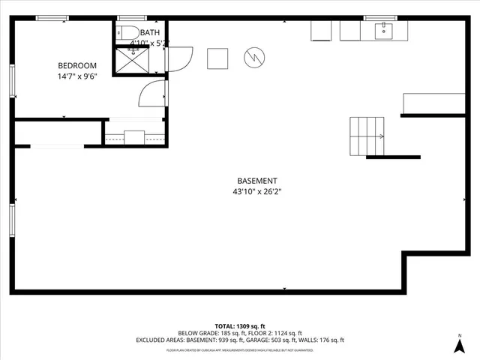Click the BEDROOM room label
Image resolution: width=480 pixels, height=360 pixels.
click(x=78, y=64)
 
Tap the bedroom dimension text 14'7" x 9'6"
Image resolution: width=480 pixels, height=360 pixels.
click(x=78, y=76)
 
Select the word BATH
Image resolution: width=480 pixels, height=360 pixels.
click(x=150, y=32)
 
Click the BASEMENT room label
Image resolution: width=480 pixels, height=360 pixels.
click(x=257, y=181)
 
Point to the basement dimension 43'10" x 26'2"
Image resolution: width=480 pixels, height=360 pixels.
click(x=257, y=192)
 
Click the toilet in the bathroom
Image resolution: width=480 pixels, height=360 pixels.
click(x=125, y=32)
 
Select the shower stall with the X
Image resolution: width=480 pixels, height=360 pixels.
click(x=132, y=61)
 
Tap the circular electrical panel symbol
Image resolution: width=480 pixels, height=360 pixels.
click(x=254, y=56)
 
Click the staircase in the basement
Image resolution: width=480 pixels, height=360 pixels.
click(x=367, y=136)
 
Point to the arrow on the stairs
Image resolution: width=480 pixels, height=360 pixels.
click(x=380, y=136)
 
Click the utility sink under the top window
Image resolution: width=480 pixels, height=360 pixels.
click(x=384, y=30)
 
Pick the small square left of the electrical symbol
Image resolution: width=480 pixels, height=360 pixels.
click(x=217, y=58)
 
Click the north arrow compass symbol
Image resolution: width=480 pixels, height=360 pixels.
click(x=460, y=344)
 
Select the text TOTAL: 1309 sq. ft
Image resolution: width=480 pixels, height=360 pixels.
click(x=239, y=326)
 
